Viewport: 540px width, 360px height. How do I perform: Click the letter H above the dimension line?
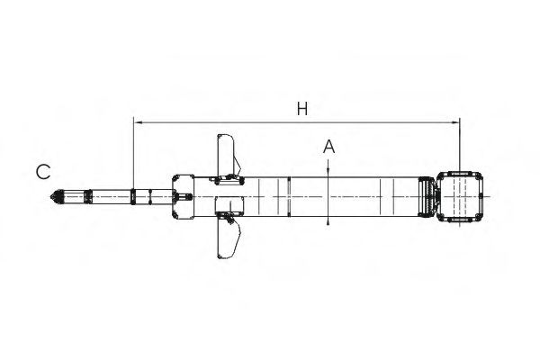[302, 109]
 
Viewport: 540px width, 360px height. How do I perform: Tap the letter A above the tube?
[328, 147]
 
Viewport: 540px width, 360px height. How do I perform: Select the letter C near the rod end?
[43, 172]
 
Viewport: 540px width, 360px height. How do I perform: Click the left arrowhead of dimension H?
[138, 122]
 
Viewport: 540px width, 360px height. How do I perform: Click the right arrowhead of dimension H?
[455, 122]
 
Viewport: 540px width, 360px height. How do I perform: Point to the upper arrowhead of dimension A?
[328, 173]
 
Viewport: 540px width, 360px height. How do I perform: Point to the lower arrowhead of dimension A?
[328, 220]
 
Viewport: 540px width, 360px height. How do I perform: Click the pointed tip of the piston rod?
[51, 197]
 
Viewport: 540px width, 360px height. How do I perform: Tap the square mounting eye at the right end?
[459, 197]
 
